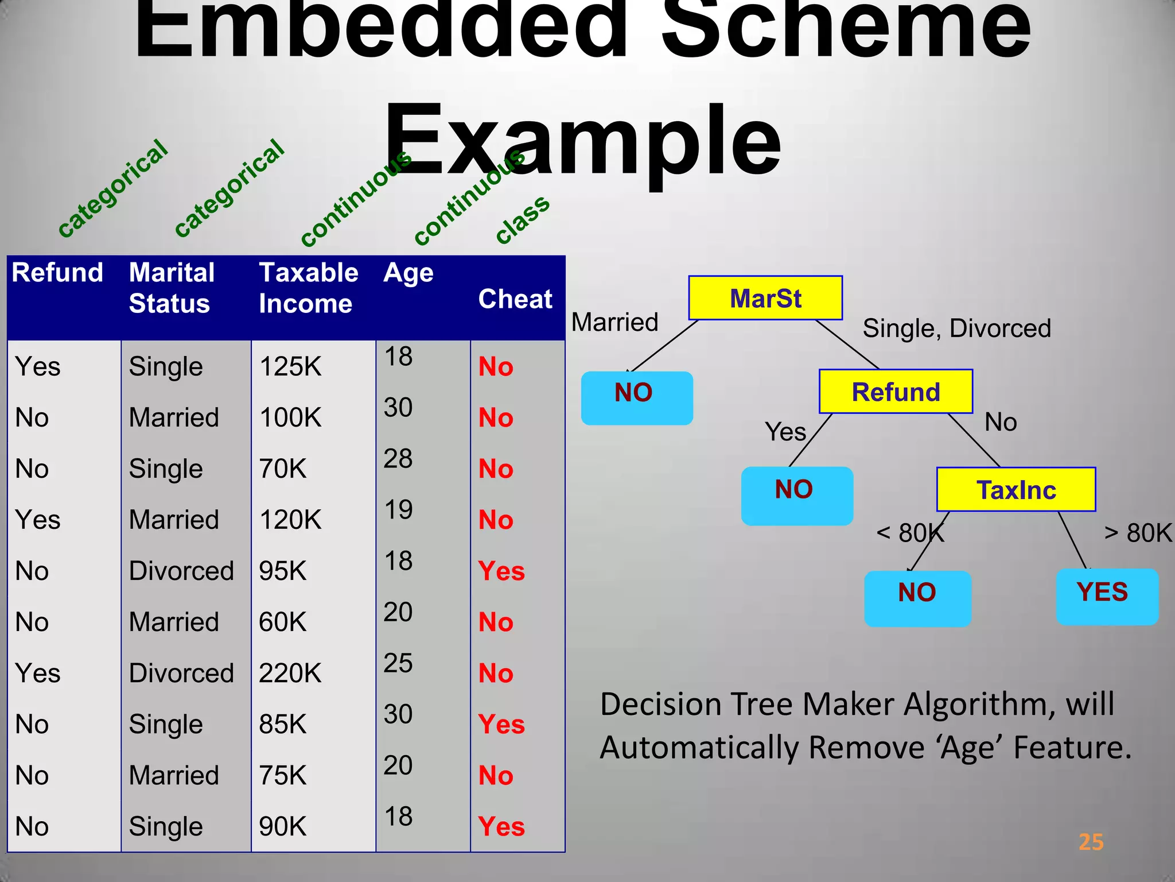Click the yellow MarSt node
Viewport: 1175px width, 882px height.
[x=765, y=298]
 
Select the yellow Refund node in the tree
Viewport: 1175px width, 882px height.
[x=896, y=392]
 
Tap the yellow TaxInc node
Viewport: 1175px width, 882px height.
[x=1016, y=490]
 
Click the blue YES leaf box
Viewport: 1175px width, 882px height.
[x=1107, y=596]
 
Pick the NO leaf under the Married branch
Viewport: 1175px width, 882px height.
[x=636, y=397]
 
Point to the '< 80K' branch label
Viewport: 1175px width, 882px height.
[x=910, y=533]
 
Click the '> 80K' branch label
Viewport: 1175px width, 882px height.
[x=1138, y=533]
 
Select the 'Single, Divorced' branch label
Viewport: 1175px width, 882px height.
[x=956, y=328]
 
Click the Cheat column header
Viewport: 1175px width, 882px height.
[x=515, y=299]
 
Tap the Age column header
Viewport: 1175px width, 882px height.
[x=408, y=273]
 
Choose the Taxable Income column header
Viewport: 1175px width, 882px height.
[x=309, y=288]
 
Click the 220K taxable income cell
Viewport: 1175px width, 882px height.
[x=290, y=673]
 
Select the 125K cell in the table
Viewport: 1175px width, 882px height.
[x=290, y=366]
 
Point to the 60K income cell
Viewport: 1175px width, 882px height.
[x=282, y=622]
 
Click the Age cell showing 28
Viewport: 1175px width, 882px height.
[x=398, y=458]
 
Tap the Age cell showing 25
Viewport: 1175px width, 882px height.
[x=398, y=663]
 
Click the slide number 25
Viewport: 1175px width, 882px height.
[x=1091, y=842]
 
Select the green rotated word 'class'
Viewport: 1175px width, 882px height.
[x=522, y=219]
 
